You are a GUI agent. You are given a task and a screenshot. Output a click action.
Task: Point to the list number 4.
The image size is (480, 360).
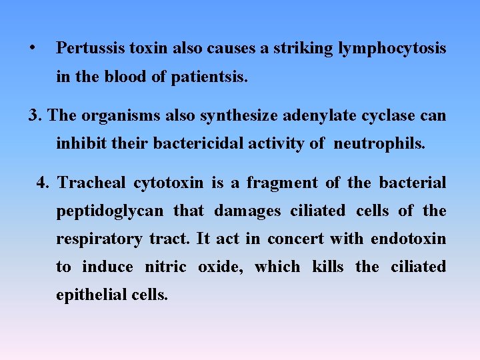(43, 183)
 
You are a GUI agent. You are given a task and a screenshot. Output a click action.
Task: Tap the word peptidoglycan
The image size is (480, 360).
(109, 211)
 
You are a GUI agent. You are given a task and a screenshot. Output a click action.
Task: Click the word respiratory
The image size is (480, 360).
(99, 239)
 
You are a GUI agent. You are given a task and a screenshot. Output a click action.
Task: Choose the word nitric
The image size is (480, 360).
(165, 267)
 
